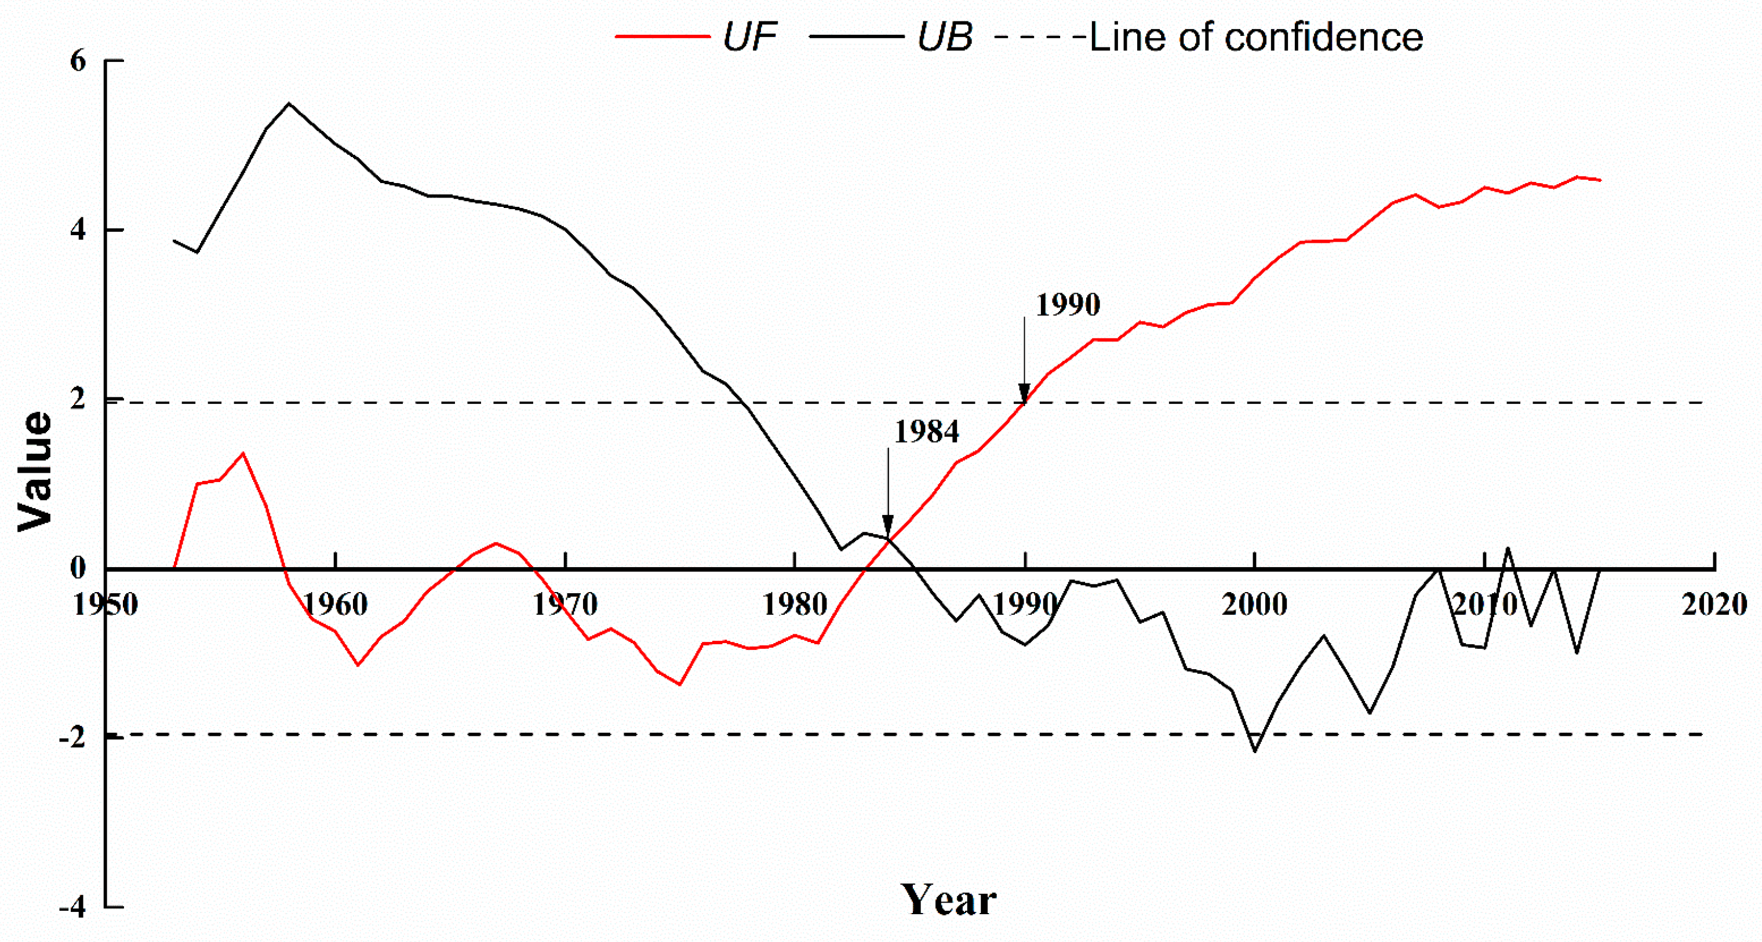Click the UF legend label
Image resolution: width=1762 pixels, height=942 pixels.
(x=749, y=36)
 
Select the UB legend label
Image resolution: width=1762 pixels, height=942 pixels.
(x=944, y=36)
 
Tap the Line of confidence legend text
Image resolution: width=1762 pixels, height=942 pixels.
(x=1256, y=37)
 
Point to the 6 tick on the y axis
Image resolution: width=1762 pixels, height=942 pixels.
(x=78, y=61)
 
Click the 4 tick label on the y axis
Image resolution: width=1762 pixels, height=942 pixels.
(x=78, y=229)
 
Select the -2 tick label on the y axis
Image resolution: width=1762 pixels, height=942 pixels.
(x=72, y=737)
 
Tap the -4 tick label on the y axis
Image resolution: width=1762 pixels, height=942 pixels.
(x=72, y=907)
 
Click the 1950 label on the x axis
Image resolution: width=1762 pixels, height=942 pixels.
(x=105, y=604)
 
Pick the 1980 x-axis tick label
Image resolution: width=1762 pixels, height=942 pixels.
(x=795, y=604)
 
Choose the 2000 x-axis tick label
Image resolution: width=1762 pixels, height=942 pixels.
(x=1254, y=604)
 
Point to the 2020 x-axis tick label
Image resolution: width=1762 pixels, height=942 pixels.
(x=1714, y=604)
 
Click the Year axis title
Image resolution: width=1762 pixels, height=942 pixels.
(x=948, y=900)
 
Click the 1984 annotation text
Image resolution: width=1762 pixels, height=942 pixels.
(x=926, y=432)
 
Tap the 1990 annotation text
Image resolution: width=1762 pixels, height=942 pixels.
(x=1067, y=304)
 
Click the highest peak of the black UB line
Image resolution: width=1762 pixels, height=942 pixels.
(x=289, y=104)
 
